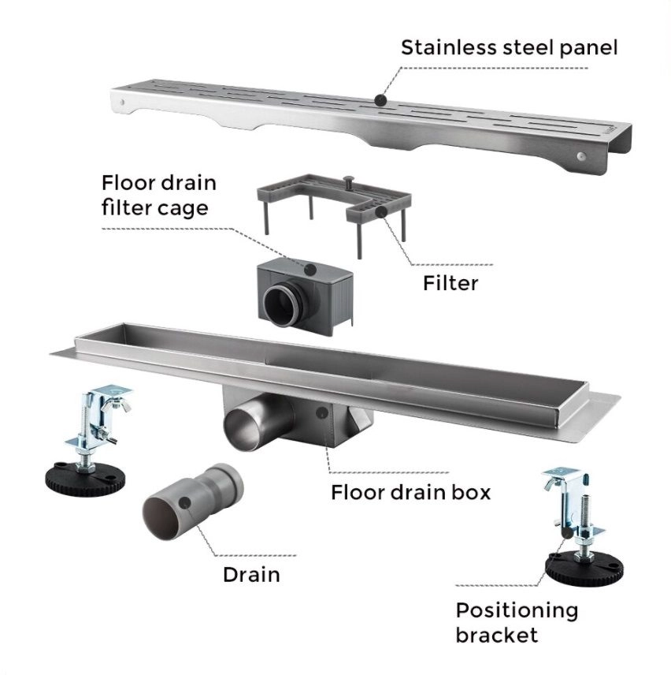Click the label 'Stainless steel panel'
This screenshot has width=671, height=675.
(510, 47)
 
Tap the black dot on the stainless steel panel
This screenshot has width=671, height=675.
(380, 100)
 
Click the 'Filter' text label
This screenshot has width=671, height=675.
(450, 282)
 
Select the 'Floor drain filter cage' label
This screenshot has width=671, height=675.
(158, 196)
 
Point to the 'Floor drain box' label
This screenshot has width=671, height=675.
(410, 493)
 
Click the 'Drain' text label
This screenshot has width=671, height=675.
(251, 573)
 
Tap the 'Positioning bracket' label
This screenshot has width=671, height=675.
(516, 621)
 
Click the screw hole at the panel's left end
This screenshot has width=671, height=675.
(122, 103)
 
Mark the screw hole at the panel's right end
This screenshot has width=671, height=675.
(582, 156)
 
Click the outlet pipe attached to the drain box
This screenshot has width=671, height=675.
(249, 426)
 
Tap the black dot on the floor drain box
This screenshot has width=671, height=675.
(321, 412)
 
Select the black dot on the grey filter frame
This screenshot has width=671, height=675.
(380, 211)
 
